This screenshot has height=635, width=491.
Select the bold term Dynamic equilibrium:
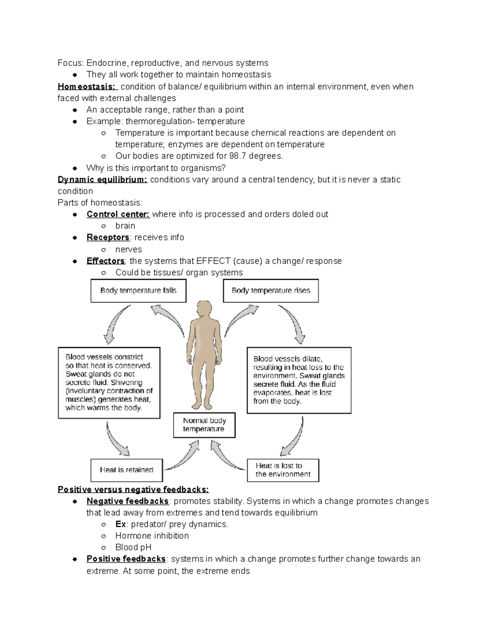pos(102,180)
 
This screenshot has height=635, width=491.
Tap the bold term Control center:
pos(118,214)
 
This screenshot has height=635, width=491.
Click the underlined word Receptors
pos(108,238)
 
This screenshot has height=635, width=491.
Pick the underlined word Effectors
pos(106,261)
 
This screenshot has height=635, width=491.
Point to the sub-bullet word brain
pos(125,226)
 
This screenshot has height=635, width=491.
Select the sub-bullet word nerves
pos(128,249)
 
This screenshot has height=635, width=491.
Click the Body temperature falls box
pos(138,291)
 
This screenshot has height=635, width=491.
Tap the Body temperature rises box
pos(270,291)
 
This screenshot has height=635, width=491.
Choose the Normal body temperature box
pos(204,425)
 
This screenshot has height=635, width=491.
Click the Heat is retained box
pos(126,470)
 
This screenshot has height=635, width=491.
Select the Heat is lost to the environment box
pos(283,470)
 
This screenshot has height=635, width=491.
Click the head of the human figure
pos(203,309)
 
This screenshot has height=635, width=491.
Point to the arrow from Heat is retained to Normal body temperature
pos(180,458)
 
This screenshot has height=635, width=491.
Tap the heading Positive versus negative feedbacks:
pos(133,490)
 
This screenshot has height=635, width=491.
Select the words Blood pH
pos(133,547)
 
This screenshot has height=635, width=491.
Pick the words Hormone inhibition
pos(152,536)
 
